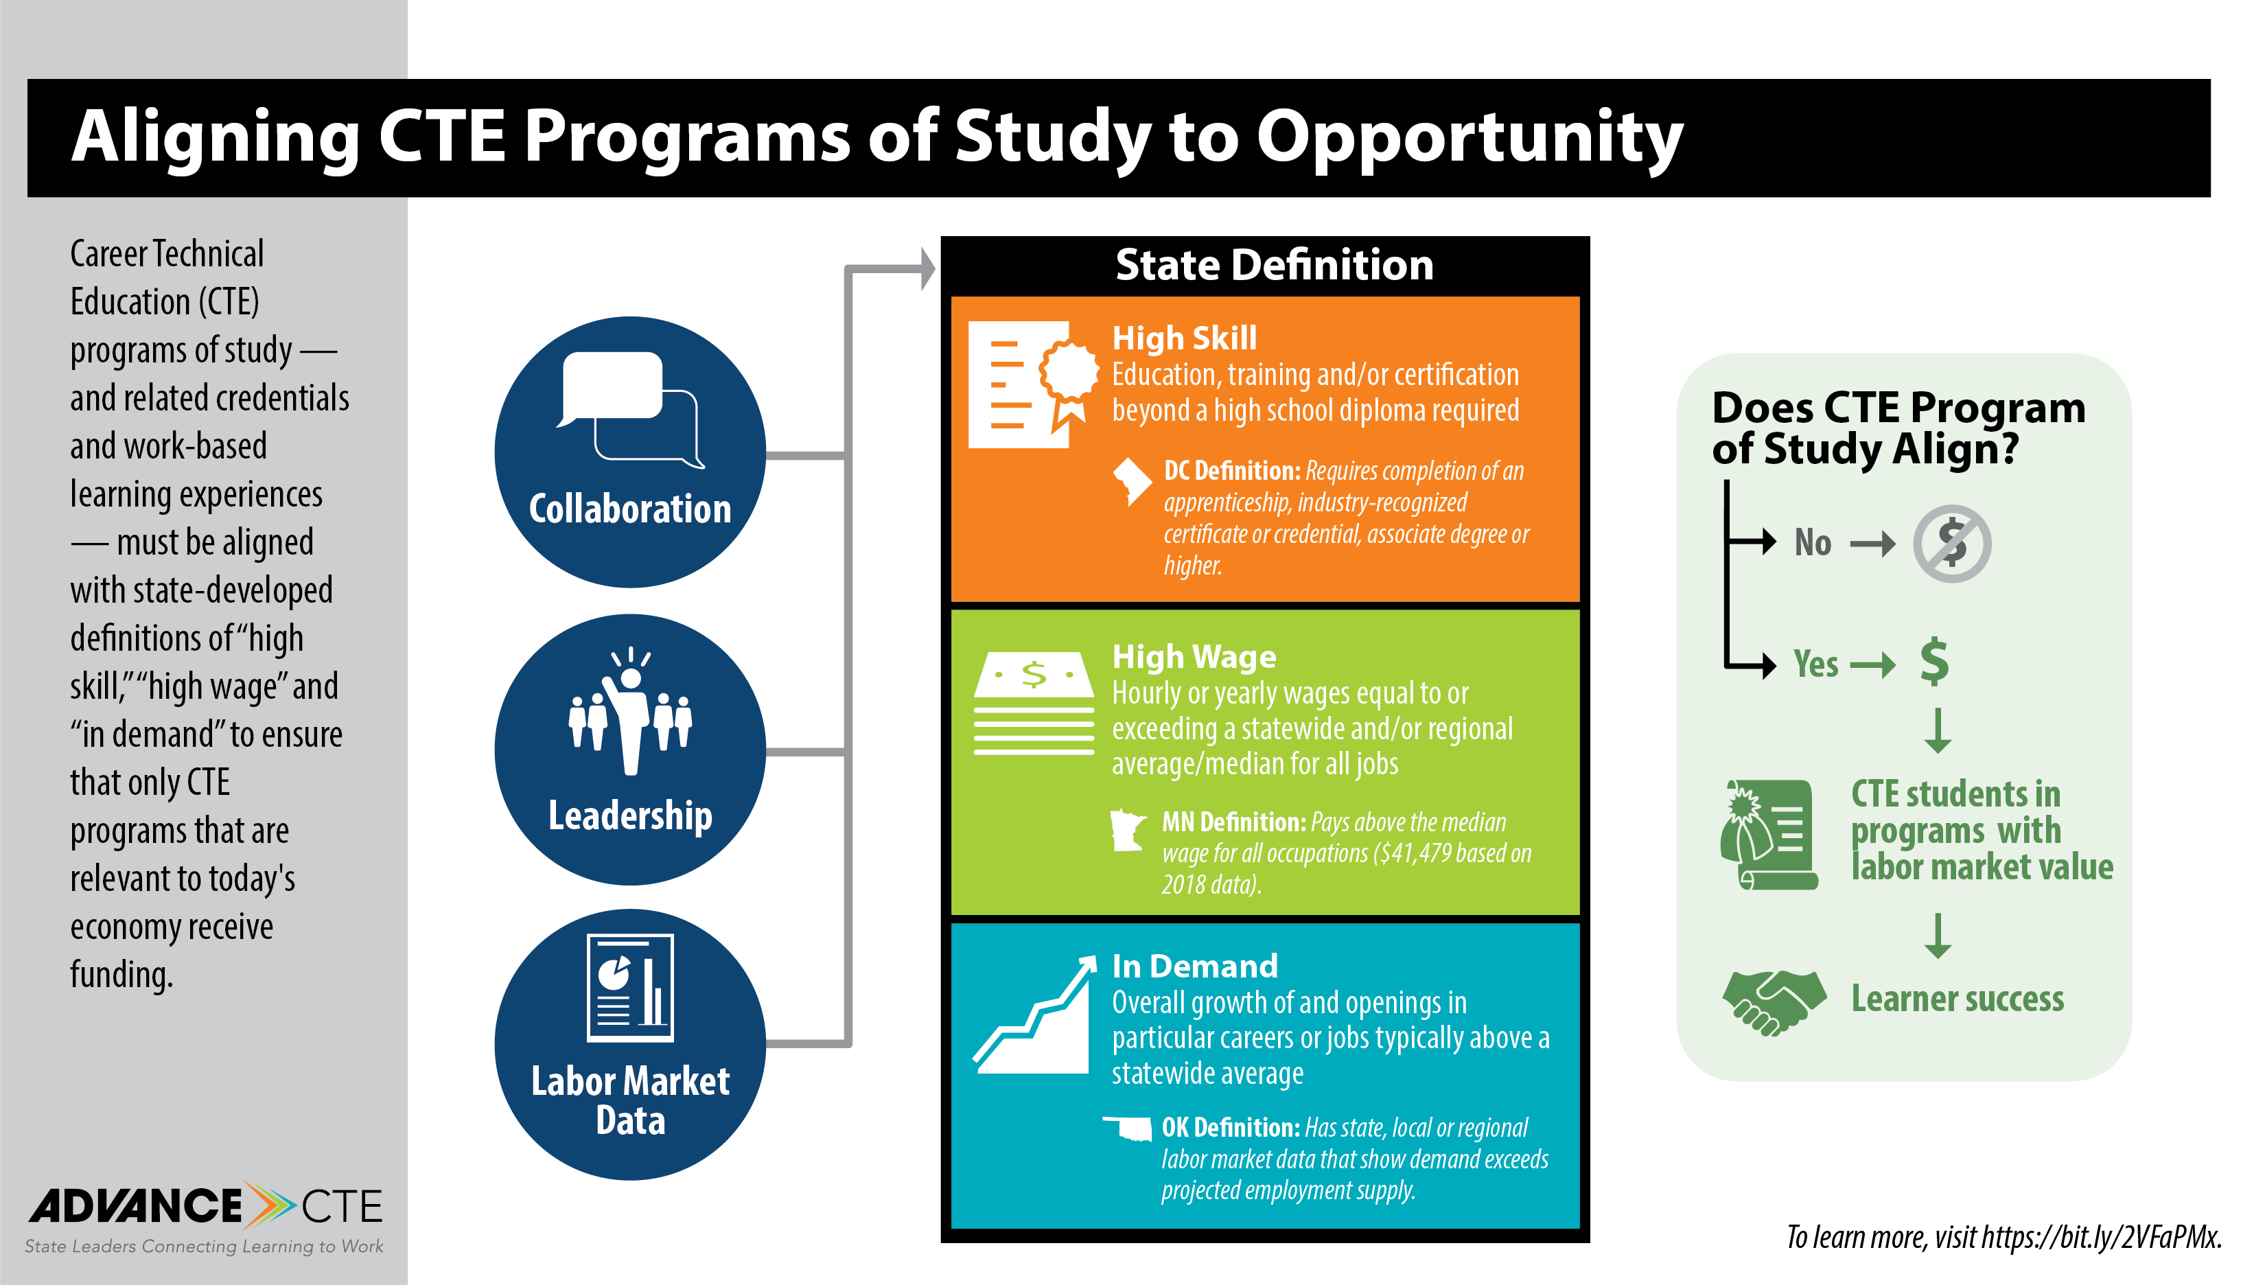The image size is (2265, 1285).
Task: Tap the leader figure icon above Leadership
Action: (x=630, y=711)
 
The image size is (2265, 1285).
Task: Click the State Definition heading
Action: (x=1274, y=265)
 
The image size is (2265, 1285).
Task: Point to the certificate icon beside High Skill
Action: (x=1033, y=385)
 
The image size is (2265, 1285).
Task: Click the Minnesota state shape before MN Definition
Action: (x=1127, y=831)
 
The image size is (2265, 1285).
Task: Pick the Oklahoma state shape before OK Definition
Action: (x=1128, y=1128)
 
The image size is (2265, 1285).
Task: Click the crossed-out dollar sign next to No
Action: (x=1952, y=544)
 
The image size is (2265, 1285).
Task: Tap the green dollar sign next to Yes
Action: (x=1934, y=661)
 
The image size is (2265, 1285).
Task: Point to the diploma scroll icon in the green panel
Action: (x=1768, y=834)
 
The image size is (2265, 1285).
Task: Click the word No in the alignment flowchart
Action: (x=1813, y=543)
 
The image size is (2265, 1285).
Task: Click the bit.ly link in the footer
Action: (x=2100, y=1238)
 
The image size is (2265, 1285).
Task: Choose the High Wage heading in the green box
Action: (x=1194, y=657)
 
